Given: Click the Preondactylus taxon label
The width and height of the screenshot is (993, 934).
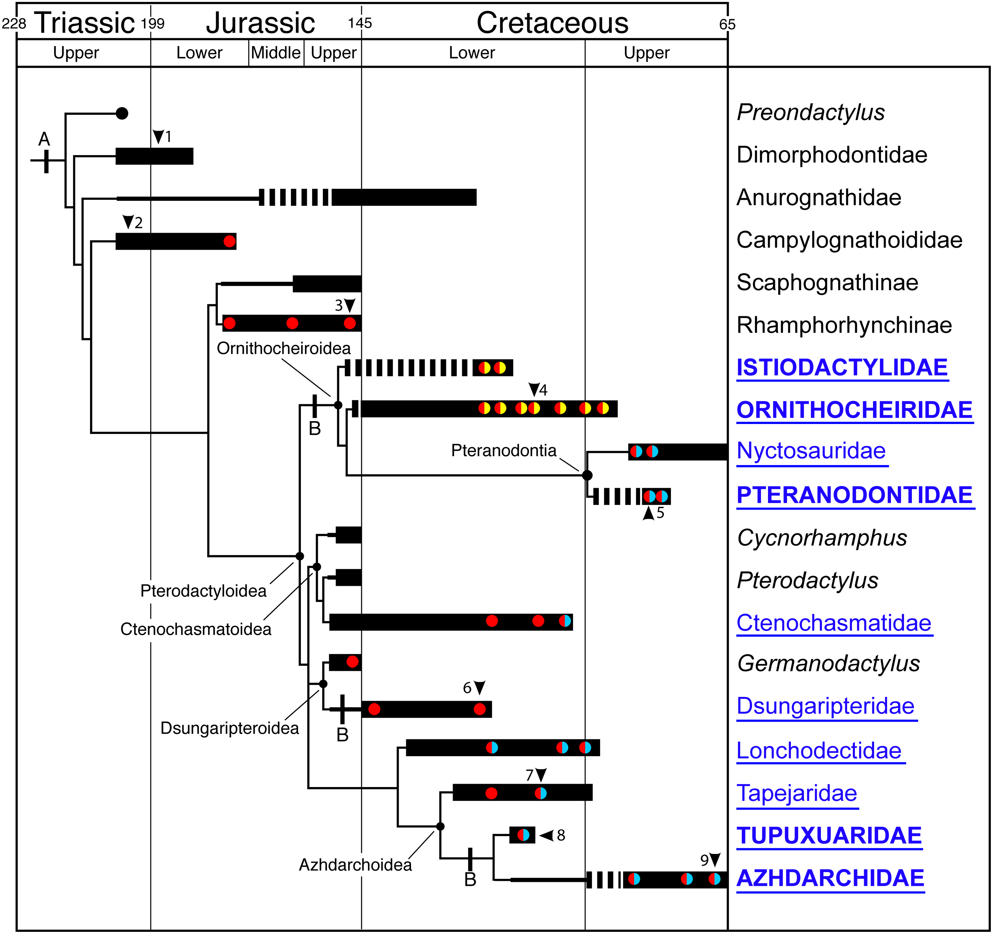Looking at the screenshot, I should pos(810,112).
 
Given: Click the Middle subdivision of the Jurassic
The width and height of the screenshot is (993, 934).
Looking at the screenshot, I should pos(276,52).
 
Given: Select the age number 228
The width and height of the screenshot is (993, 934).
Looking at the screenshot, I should pos(13,24).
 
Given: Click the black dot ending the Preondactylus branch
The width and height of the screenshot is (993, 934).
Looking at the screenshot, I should pos(122,113).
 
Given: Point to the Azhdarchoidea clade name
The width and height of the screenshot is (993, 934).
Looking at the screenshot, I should pos(355,865).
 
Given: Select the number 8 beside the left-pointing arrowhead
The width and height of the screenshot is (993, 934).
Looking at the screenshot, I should pos(561,835).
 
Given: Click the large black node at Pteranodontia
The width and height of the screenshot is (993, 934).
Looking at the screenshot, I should pos(587,475).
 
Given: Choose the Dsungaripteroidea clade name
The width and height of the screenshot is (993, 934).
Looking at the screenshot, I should pos(229,728).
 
